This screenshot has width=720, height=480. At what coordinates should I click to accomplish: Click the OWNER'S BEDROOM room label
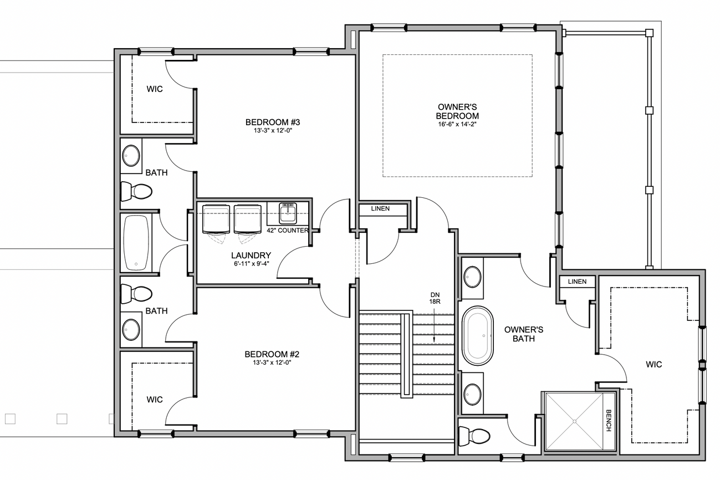(457, 111)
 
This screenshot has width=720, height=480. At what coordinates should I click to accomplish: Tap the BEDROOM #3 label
(273, 122)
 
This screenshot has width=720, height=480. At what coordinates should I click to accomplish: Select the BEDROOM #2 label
(272, 354)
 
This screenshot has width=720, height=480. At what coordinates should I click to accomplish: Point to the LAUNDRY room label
(251, 256)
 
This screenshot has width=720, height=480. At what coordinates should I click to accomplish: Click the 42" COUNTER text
(287, 230)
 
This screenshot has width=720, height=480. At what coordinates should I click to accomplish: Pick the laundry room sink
(288, 213)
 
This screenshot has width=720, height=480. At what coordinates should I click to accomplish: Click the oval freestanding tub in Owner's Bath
(478, 336)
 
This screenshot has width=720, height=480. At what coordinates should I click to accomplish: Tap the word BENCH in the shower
(609, 421)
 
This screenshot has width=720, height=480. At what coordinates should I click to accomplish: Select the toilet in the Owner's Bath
(474, 436)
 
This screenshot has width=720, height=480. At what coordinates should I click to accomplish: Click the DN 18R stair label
(435, 298)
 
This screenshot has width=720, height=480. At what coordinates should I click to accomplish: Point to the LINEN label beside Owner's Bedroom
(380, 208)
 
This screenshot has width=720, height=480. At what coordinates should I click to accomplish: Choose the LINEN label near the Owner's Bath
(578, 282)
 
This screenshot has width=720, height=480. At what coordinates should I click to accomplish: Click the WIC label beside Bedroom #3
(155, 89)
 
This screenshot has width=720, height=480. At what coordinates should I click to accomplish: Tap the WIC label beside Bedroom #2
(155, 400)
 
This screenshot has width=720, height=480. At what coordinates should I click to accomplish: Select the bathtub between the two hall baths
(136, 243)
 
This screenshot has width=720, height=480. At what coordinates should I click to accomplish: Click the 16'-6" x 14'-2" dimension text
(457, 124)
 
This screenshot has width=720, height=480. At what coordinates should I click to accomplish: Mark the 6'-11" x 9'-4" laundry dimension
(251, 264)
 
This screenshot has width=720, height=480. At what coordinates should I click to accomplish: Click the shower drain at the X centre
(574, 421)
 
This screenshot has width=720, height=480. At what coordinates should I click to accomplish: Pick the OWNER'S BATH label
(524, 334)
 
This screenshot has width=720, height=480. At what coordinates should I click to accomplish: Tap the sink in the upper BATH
(131, 156)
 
